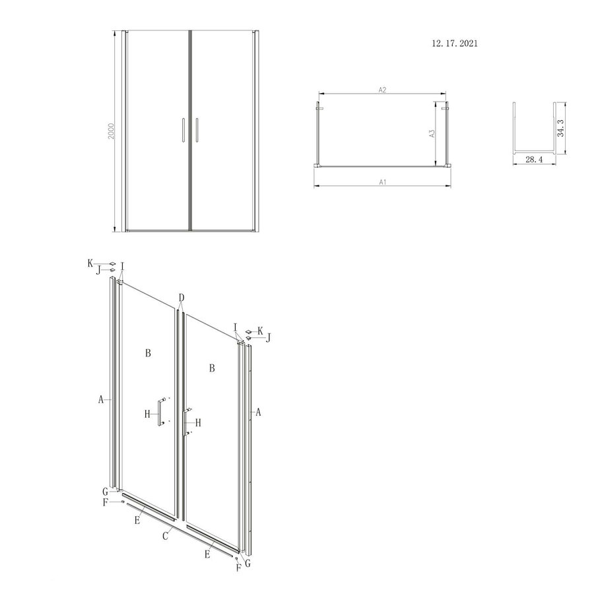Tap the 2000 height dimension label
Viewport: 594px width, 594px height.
point(112,130)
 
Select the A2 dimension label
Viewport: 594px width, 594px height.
point(382,90)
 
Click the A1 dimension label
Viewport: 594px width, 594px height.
point(382,181)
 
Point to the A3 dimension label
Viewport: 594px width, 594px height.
point(432,133)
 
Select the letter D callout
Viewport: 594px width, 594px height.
point(181,297)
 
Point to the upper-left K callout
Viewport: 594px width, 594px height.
point(90,262)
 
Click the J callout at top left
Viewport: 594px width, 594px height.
point(98,269)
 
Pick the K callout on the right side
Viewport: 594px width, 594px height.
point(260,330)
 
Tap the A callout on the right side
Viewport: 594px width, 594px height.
point(259,412)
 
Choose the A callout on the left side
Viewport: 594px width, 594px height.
point(100,399)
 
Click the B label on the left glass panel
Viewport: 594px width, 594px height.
point(148,354)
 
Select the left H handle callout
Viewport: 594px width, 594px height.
point(148,414)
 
